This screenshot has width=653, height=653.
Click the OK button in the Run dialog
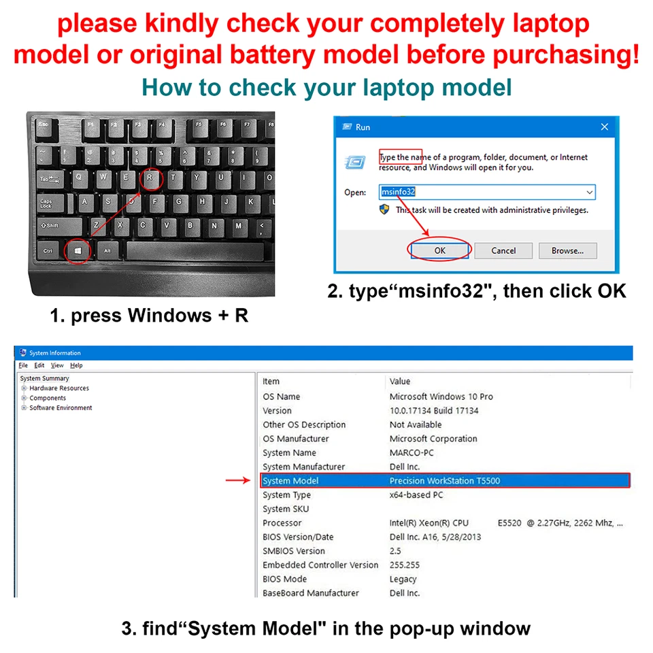[x=439, y=250]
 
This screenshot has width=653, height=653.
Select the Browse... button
[x=567, y=250]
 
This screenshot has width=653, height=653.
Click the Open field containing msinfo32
[x=486, y=192]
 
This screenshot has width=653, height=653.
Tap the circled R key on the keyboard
[x=152, y=179]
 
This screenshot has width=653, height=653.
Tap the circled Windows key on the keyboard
[x=78, y=251]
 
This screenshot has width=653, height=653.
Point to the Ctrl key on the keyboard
[x=48, y=251]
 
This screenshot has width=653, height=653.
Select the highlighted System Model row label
[x=290, y=481]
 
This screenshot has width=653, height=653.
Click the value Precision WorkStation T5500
[x=444, y=481]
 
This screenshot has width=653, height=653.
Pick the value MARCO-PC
[x=412, y=453]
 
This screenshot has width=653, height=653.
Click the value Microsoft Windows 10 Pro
[x=441, y=397]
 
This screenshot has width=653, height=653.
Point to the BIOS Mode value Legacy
[x=403, y=580]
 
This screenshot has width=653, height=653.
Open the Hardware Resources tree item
[x=59, y=388]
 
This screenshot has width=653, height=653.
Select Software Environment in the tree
[x=61, y=408]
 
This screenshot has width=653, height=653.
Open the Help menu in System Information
[x=76, y=365]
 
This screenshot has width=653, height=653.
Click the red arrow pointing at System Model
[x=238, y=481]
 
